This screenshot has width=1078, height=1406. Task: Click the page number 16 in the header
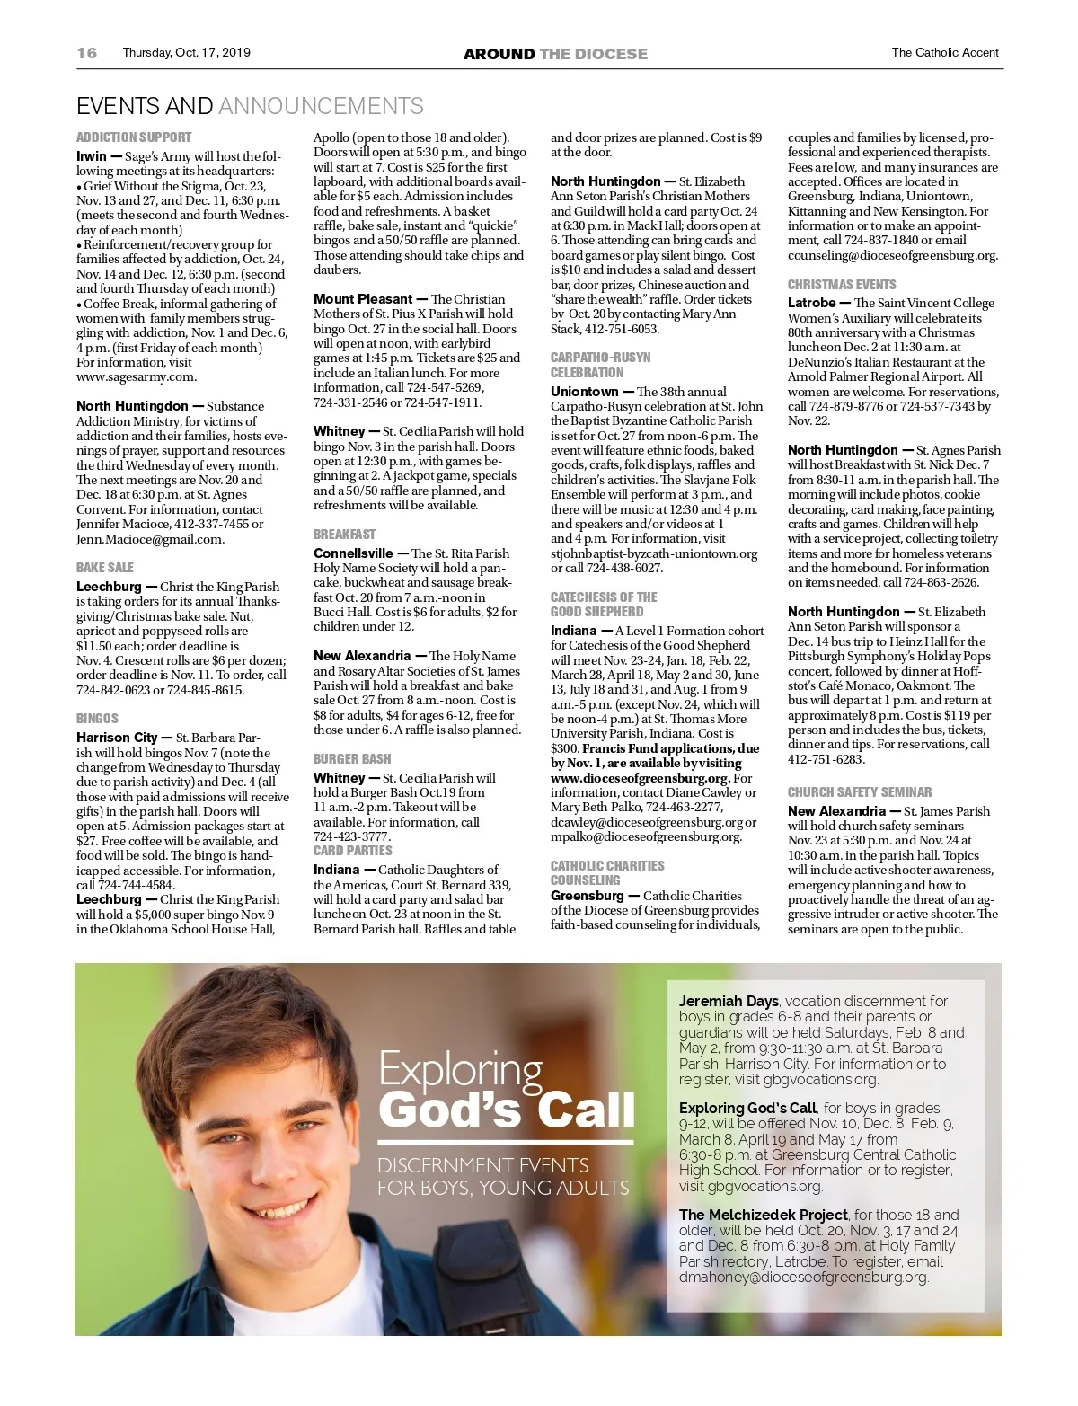(87, 53)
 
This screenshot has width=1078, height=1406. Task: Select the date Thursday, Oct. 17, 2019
(186, 53)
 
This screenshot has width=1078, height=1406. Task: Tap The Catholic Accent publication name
(945, 53)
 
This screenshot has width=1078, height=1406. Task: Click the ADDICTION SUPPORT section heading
(134, 137)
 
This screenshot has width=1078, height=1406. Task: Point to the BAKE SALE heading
(104, 568)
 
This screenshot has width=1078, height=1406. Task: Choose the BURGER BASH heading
(352, 759)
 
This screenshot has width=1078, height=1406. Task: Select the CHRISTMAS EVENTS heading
(842, 284)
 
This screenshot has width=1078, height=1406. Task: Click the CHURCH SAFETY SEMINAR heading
(860, 792)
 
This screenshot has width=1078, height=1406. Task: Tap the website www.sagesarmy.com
(137, 377)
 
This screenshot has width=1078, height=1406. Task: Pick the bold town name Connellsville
(353, 553)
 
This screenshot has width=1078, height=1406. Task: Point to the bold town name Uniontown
(584, 392)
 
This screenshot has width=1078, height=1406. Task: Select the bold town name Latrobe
(812, 303)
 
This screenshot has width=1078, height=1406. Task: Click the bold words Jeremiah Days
(729, 1001)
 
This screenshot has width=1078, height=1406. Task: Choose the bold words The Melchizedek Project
(763, 1215)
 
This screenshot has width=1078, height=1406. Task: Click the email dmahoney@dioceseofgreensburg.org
(803, 1277)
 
